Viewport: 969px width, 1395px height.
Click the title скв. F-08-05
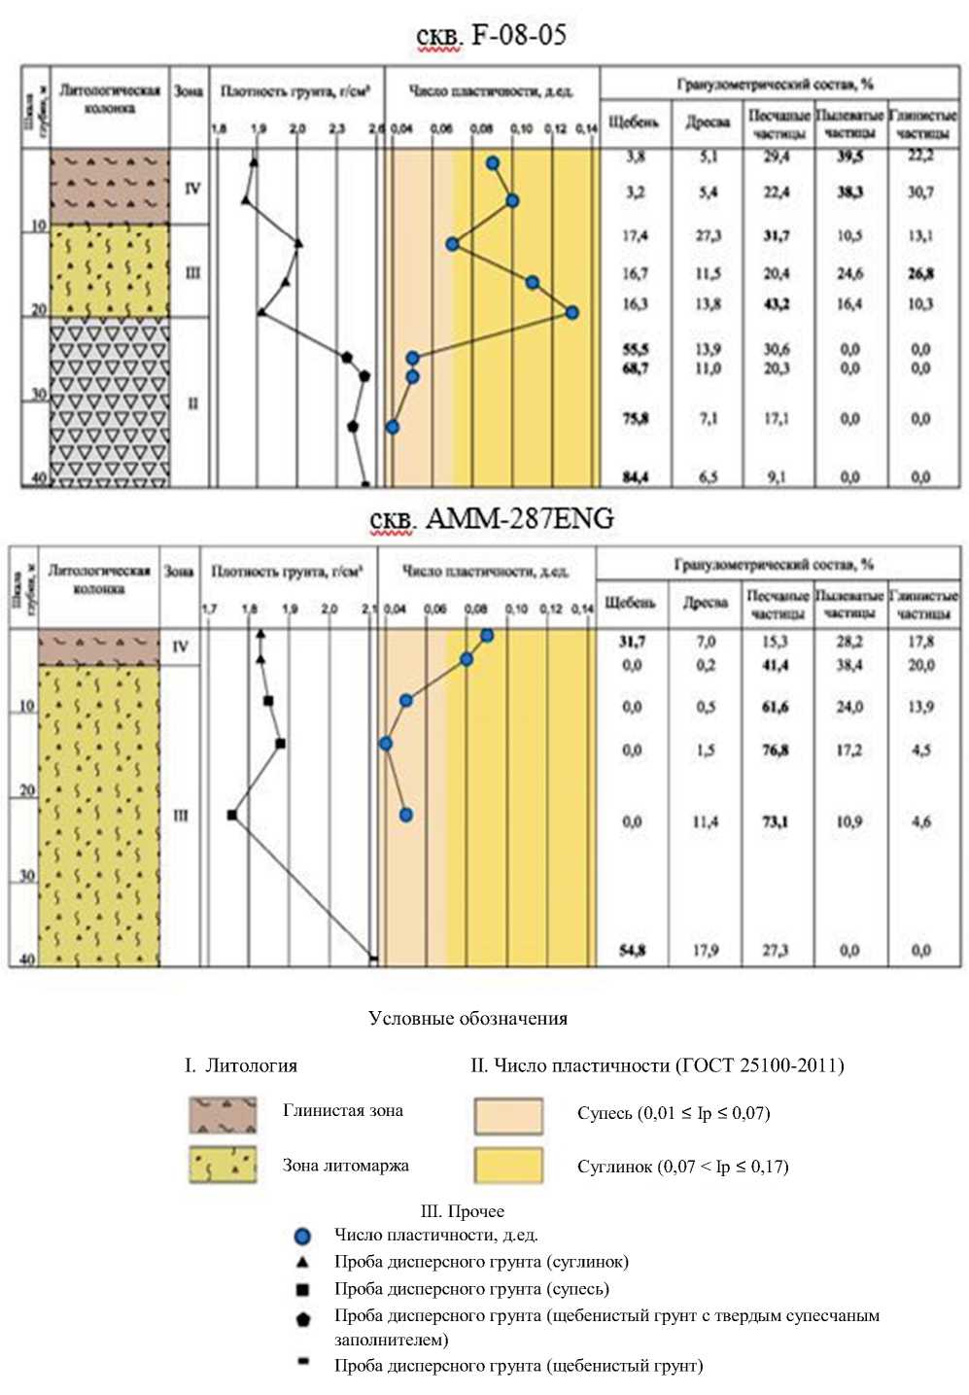pos(491,36)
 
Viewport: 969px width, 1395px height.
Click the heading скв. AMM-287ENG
pos(492,519)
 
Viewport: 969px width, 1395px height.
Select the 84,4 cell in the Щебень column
pos(635,477)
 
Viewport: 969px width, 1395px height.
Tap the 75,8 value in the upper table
pos(635,419)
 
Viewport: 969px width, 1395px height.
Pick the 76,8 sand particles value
pos(775,750)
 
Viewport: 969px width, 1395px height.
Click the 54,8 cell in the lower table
pos(632,950)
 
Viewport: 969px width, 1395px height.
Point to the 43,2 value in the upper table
pos(777,304)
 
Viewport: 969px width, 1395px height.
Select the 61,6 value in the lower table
pos(775,707)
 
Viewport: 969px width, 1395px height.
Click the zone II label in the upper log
pos(192,403)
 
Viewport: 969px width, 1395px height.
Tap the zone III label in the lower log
pos(181,816)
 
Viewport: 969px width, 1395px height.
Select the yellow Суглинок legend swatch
pos(507,1165)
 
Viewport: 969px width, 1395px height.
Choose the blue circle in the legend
pos(302,1237)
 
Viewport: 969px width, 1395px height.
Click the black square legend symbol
pos(302,1289)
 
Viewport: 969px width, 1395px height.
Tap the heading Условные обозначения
pos(467,1019)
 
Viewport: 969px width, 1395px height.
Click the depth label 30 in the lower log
pos(25,876)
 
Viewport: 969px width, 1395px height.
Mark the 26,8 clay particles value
pos(921,274)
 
